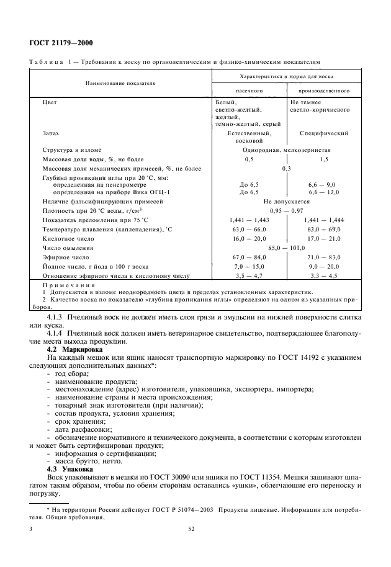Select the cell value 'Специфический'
click(x=323, y=133)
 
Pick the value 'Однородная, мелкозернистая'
click(x=286, y=150)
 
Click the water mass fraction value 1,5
click(x=323, y=159)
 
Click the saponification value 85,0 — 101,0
click(x=286, y=248)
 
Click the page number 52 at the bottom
click(x=192, y=529)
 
